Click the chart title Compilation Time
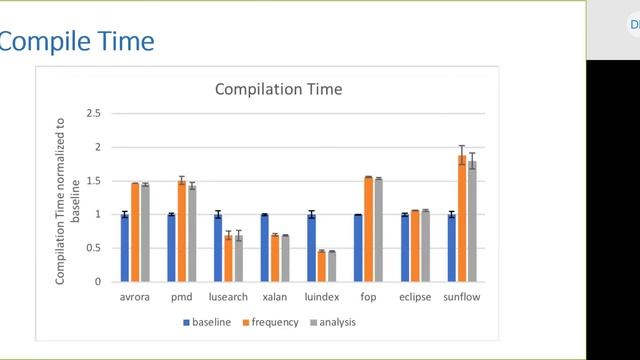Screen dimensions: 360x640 point(279,89)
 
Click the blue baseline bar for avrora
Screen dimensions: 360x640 point(125,247)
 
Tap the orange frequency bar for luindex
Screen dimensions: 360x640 point(322,266)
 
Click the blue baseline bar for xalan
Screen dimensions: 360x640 point(264,247)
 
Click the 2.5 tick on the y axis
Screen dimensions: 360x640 point(94,114)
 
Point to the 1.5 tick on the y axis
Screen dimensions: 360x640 point(94,181)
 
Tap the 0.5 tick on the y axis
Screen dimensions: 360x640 point(94,248)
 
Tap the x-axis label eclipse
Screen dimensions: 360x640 point(415,297)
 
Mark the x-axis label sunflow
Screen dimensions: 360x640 point(462,297)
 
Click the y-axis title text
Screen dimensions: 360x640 point(67,197)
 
